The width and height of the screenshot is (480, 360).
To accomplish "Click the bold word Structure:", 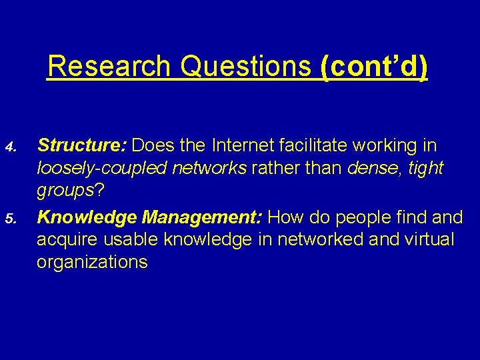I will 84,145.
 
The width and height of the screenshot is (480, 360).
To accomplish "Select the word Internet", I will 240,145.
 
